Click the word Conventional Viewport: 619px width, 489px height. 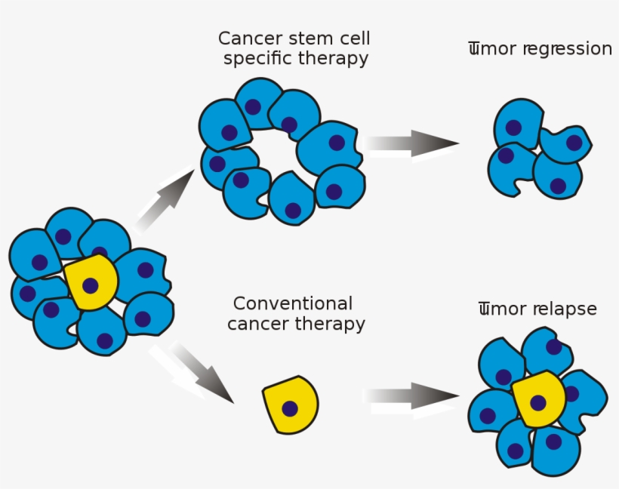pos(292,304)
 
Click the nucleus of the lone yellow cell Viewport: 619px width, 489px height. pos(290,408)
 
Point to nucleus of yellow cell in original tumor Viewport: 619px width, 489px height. pos(91,285)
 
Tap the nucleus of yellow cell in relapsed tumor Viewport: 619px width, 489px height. pos(538,402)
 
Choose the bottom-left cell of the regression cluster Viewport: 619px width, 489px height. pos(510,168)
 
